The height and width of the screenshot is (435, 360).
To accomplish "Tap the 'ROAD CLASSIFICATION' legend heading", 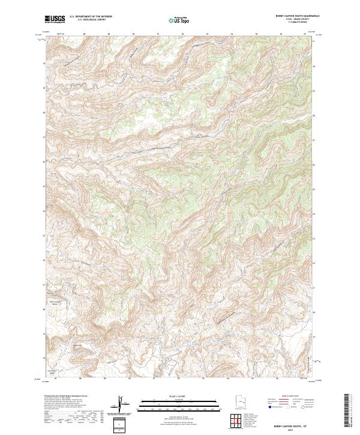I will (292, 397).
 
